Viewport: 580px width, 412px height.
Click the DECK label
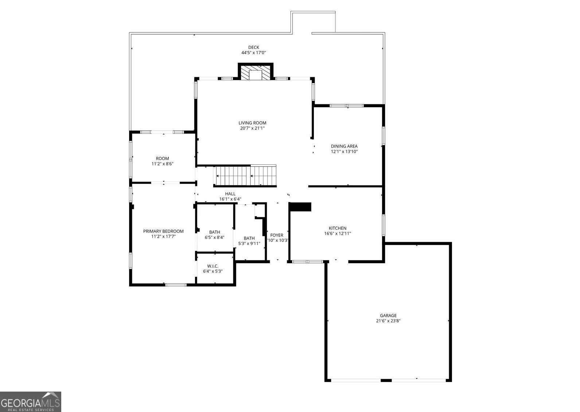(253, 47)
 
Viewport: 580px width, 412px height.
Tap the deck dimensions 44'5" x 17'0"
(253, 53)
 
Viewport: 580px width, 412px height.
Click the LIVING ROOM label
(252, 123)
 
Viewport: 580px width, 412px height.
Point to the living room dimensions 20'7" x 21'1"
(252, 128)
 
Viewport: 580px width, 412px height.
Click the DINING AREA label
(344, 146)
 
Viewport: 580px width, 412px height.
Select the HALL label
(230, 194)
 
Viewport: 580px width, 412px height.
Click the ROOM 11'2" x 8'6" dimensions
(162, 164)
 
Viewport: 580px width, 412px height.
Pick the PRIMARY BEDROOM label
(163, 231)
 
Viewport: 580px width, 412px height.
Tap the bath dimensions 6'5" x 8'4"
(215, 237)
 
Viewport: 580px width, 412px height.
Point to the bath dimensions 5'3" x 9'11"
(249, 244)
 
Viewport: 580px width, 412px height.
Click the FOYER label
(277, 235)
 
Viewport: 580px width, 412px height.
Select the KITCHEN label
(338, 228)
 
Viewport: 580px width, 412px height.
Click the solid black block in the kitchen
(300, 207)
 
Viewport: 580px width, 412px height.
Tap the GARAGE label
(388, 316)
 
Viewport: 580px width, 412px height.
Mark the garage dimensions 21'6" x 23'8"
(388, 321)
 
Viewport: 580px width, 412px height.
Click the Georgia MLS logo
(31, 402)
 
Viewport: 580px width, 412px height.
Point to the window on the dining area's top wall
(347, 106)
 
